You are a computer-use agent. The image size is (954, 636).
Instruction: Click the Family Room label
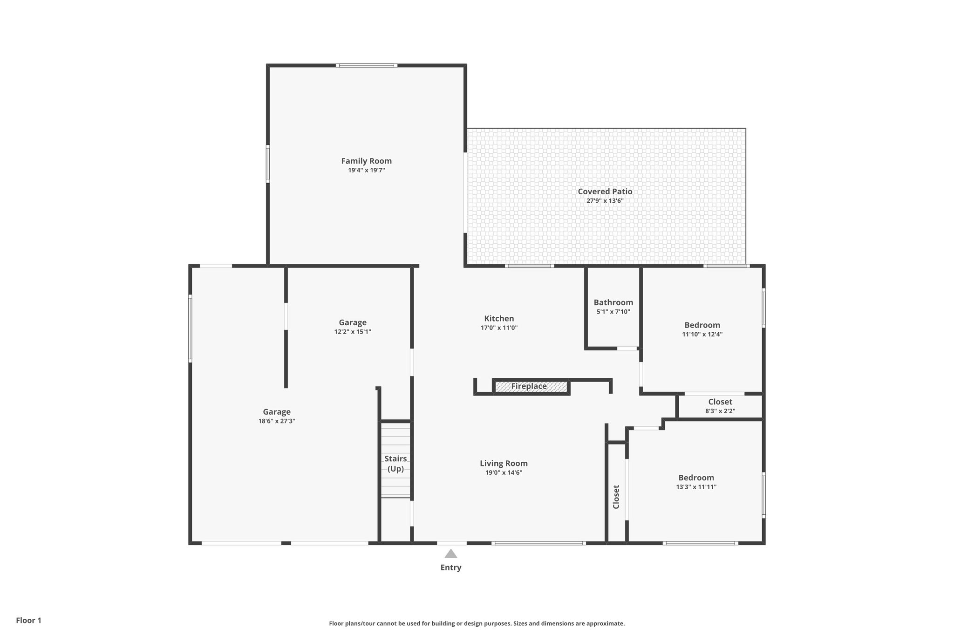tap(366, 161)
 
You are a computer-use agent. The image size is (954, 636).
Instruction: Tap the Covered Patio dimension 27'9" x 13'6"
tap(605, 201)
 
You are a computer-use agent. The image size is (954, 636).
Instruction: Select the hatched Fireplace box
tap(531, 387)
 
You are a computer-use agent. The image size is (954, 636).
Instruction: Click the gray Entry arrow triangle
tap(450, 554)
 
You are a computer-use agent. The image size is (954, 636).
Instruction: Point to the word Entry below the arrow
tap(450, 568)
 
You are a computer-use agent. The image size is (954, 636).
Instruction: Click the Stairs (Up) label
tap(395, 464)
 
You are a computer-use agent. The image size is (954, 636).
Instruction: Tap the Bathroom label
tap(613, 302)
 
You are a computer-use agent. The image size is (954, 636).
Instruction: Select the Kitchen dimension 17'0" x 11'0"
tap(499, 328)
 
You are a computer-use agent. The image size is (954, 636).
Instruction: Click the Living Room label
tap(504, 463)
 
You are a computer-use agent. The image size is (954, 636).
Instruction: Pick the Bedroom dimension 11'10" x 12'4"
tap(702, 334)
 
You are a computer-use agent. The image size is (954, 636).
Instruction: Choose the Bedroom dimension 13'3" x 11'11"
tap(696, 487)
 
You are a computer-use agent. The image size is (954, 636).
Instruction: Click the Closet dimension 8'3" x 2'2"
tap(720, 411)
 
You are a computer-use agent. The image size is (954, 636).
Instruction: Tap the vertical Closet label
tap(616, 497)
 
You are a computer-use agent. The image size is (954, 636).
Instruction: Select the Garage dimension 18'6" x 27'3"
tap(277, 421)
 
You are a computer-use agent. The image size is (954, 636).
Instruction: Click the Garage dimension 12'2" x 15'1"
tap(352, 332)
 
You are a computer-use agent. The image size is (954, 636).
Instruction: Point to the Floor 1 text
tap(28, 620)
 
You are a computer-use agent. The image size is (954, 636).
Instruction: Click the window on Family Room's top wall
tap(367, 66)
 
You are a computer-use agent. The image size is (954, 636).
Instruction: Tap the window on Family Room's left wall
tap(268, 164)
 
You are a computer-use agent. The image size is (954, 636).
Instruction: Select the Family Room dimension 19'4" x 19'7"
tap(366, 170)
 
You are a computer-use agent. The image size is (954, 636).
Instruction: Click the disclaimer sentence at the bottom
tap(477, 623)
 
